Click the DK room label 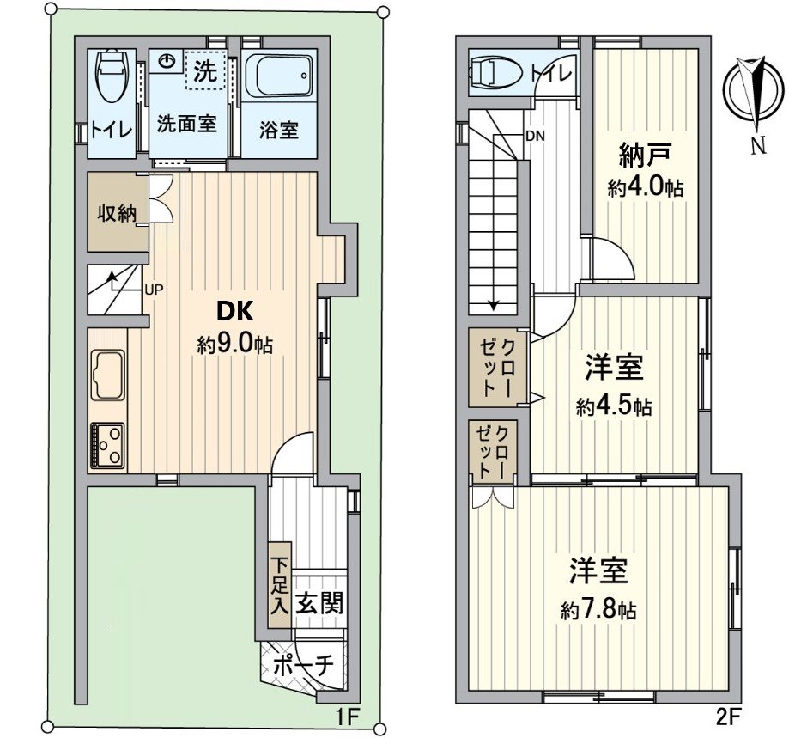[x=234, y=311]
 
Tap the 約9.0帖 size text [x=234, y=345]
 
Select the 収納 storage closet [x=116, y=213]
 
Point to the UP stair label [x=154, y=289]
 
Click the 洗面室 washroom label [x=185, y=124]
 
